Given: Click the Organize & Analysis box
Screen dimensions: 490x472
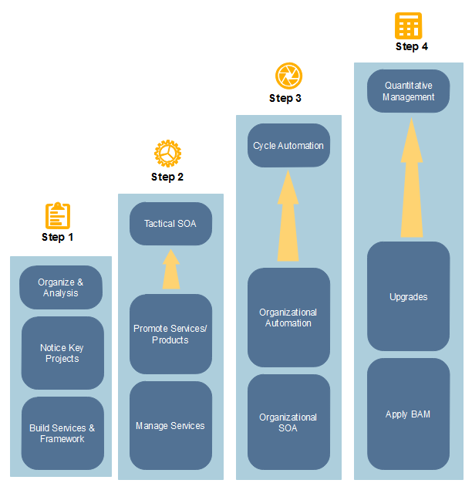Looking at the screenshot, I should [x=61, y=288].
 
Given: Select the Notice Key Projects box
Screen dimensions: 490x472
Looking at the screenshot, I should [x=62, y=353].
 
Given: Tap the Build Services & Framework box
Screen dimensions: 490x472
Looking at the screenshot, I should [x=62, y=433].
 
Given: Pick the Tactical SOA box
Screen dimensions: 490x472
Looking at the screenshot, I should [x=170, y=224].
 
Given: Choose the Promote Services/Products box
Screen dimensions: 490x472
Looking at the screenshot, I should [x=170, y=334].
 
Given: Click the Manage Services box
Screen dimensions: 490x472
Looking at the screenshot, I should [x=170, y=425].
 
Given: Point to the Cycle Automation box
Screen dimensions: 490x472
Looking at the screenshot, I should [x=288, y=145].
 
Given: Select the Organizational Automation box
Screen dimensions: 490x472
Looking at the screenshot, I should [x=288, y=317].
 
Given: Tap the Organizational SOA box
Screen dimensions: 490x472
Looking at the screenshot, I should [x=288, y=422].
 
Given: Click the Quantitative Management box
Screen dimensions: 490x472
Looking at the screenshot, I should [x=408, y=91].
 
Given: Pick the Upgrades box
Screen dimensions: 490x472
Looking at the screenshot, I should [x=408, y=296].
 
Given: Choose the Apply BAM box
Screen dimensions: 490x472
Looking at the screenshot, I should [x=408, y=414].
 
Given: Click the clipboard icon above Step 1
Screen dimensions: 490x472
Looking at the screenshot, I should [x=58, y=215].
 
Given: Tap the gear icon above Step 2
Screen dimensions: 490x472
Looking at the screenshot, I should [x=167, y=154].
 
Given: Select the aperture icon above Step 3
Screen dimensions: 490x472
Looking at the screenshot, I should [x=288, y=76].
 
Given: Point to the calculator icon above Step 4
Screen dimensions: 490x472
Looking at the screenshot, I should [x=409, y=26].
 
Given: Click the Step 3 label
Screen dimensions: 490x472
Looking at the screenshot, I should [x=285, y=98].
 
